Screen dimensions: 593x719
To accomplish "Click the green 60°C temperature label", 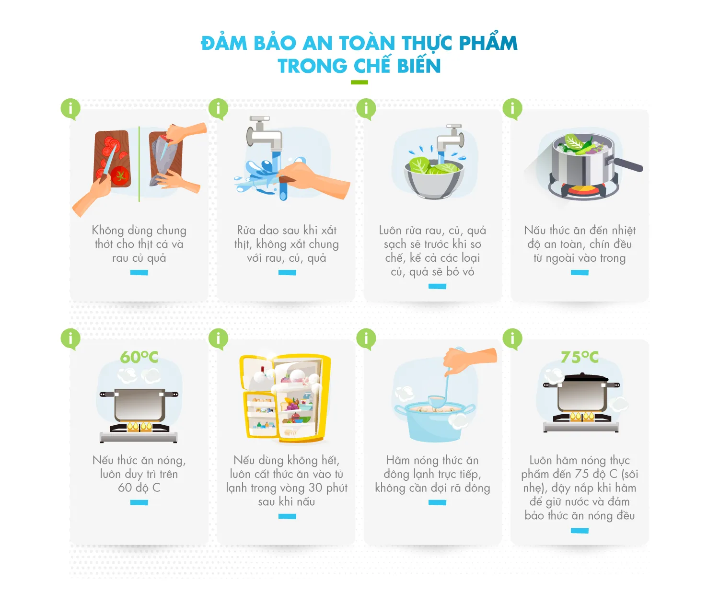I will [x=139, y=357].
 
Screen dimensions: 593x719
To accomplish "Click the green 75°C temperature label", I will [x=580, y=357].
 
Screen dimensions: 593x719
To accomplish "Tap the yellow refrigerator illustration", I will [x=285, y=397].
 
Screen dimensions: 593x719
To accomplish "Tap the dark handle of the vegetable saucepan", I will [x=628, y=164].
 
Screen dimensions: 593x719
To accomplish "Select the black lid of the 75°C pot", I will [x=581, y=378].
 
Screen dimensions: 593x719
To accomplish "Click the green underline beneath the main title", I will [x=359, y=82].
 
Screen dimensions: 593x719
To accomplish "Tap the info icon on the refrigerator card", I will [x=219, y=339].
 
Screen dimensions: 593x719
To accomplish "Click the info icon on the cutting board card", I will [x=70, y=109].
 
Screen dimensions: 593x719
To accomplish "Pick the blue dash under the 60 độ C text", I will [x=139, y=502].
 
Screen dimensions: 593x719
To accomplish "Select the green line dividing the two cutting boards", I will [x=139, y=163].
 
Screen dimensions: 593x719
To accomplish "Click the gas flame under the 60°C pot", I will [x=139, y=426].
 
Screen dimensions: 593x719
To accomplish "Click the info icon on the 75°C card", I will [x=512, y=339].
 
